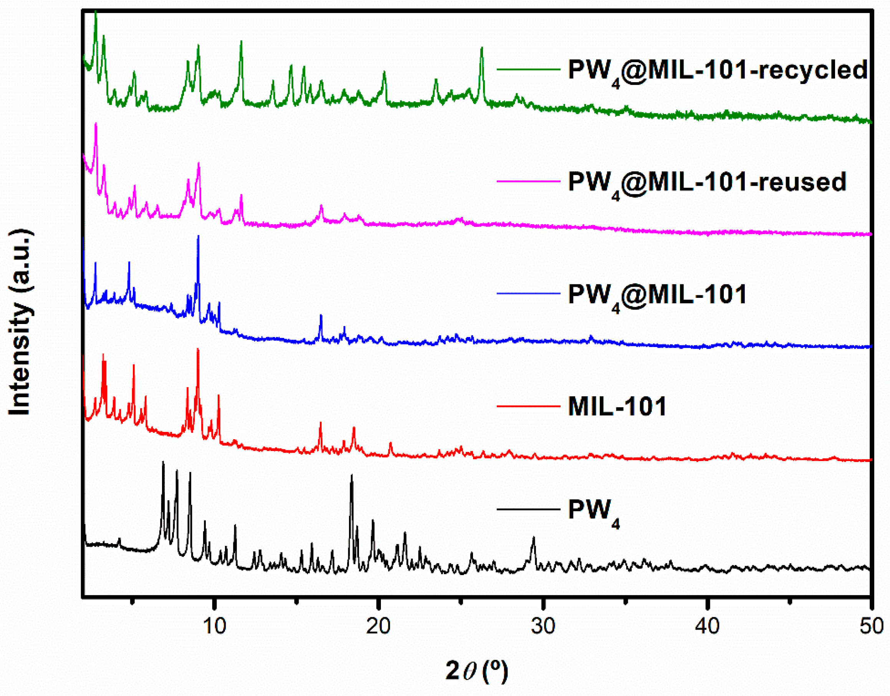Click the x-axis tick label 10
coord(214,626)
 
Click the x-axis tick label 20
coord(378,626)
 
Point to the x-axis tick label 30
coord(543,626)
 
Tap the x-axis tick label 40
coord(707,626)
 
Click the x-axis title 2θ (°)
coord(477,671)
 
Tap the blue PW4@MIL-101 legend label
coord(657,296)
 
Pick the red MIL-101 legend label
coord(617,406)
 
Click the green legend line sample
coord(529,69)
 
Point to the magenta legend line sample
coord(529,181)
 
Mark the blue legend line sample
coord(529,293)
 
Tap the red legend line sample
coord(529,406)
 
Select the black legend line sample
coord(529,509)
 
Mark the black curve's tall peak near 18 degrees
coord(352,476)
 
